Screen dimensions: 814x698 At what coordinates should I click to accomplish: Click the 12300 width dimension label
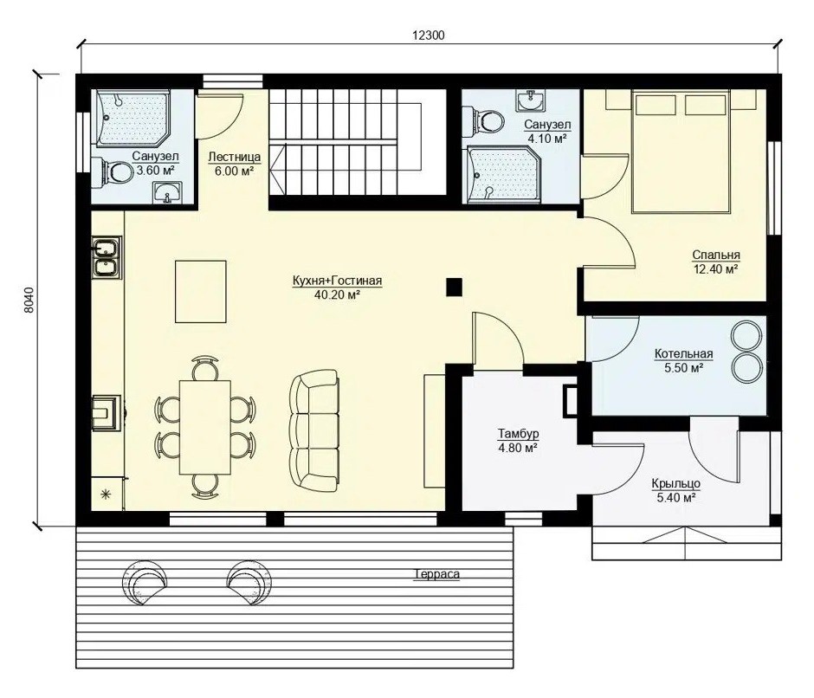429,36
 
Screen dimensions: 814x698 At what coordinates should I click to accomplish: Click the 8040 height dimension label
29,300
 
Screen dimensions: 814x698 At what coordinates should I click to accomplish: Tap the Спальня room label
716,255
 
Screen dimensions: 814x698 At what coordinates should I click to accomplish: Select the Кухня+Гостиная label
337,281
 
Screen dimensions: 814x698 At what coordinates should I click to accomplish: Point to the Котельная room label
683,354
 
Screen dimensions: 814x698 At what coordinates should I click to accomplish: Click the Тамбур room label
518,433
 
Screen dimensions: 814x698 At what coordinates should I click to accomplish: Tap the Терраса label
436,574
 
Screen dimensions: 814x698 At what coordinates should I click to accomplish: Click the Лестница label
234,157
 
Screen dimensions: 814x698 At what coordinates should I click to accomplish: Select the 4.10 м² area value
546,139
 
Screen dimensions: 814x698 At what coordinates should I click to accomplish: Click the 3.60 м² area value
155,171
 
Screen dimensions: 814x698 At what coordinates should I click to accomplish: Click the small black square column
455,288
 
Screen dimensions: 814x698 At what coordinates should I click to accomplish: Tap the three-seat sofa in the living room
314,430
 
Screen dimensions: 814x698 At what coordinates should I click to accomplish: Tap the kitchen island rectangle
200,291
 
